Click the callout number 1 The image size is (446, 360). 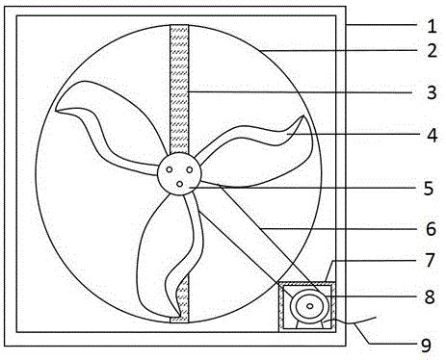click(x=433, y=26)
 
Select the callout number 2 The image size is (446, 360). click(x=433, y=51)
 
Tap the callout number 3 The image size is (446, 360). click(x=433, y=92)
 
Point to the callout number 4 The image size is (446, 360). click(x=433, y=135)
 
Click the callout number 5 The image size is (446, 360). click(x=429, y=189)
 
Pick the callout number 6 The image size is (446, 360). click(x=431, y=229)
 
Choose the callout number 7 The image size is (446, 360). click(x=431, y=260)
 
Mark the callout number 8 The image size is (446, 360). click(x=430, y=296)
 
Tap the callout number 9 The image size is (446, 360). click(x=426, y=346)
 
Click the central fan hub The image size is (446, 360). click(x=179, y=173)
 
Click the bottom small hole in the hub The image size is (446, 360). click(x=180, y=184)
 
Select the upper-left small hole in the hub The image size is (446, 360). click(x=170, y=169)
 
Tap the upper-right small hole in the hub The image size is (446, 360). click(x=190, y=169)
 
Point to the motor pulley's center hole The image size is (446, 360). click(x=309, y=306)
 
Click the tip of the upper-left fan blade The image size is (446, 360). click(x=56, y=111)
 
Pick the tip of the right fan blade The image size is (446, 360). click(x=303, y=116)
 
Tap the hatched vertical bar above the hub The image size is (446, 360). click(x=179, y=89)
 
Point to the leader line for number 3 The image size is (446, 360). click(x=301, y=92)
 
